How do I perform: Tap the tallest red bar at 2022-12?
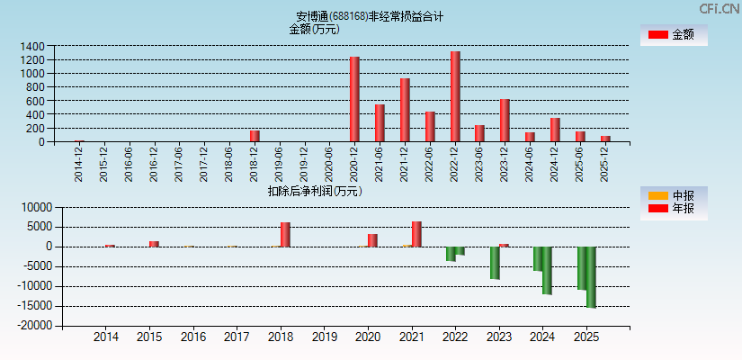coord(455,96)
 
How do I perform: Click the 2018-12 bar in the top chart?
coord(255,136)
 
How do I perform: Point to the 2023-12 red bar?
coord(505,120)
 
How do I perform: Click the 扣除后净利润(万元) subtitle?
coord(315,191)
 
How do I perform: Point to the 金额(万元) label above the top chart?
coord(314,29)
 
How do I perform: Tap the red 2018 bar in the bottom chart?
coord(285,234)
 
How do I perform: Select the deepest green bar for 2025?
coord(591,277)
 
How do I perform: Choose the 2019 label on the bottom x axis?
coord(324,337)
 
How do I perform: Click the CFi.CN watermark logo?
coord(720,8)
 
